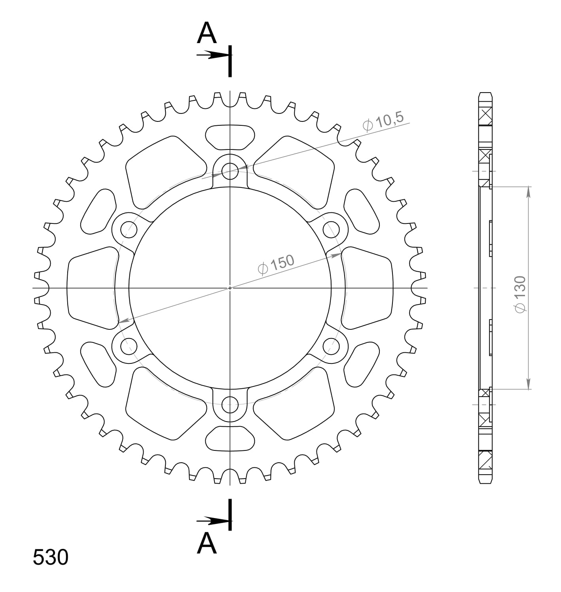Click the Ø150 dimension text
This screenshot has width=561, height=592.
pyautogui.click(x=276, y=264)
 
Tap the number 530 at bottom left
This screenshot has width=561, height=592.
pyautogui.click(x=51, y=558)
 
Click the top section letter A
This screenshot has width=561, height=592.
pyautogui.click(x=207, y=33)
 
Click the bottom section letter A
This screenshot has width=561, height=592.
pyautogui.click(x=207, y=543)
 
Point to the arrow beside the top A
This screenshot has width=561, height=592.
pyautogui.click(x=211, y=55)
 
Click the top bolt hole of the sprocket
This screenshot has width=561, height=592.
pyautogui.click(x=230, y=171)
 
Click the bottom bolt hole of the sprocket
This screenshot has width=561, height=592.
pyautogui.click(x=230, y=404)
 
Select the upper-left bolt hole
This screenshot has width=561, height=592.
pyautogui.click(x=129, y=229)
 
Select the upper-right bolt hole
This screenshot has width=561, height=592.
pyautogui.click(x=331, y=229)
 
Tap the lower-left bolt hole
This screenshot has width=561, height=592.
pyautogui.click(x=129, y=346)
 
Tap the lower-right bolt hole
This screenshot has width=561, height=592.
pyautogui.click(x=331, y=346)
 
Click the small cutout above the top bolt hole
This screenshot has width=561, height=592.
pyautogui.click(x=230, y=137)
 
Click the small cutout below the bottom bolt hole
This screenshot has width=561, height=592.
pyautogui.click(x=230, y=439)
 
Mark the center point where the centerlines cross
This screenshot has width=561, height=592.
pyautogui.click(x=230, y=288)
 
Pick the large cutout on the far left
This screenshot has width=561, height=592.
pyautogui.click(x=93, y=288)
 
